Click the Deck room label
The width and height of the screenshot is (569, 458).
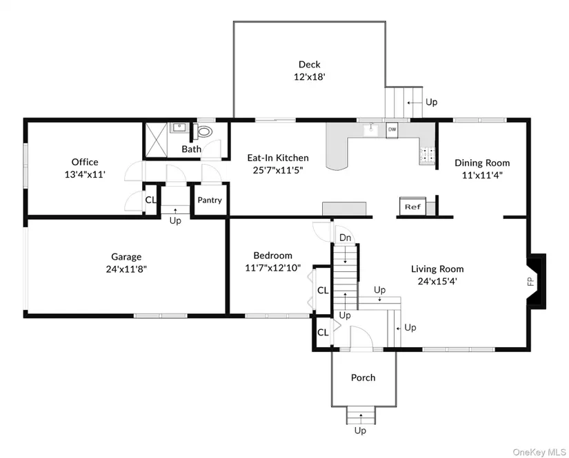tap(310, 65)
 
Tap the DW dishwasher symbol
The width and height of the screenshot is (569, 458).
tap(392, 129)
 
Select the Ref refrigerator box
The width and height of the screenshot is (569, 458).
tap(412, 207)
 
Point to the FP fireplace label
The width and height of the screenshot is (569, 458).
tap(530, 282)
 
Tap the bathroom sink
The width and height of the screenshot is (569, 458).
tap(179, 128)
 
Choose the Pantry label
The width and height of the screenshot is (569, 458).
tap(210, 200)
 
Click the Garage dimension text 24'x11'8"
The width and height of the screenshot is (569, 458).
tap(126, 269)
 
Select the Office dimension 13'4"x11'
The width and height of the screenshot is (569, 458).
tap(85, 174)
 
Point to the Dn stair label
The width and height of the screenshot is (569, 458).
tap(345, 238)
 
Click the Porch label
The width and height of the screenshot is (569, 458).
tap(363, 377)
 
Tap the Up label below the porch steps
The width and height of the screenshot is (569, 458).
tap(360, 430)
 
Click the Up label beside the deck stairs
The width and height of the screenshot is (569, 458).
tap(432, 102)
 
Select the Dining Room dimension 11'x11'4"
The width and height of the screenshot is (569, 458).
tap(482, 176)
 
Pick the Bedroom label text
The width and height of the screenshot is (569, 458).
tap(273, 256)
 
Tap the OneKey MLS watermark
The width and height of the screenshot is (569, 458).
tap(539, 452)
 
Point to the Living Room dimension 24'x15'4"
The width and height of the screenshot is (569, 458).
tap(437, 281)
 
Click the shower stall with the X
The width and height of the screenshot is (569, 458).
tap(157, 140)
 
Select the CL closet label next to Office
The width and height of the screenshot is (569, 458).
tap(150, 200)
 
